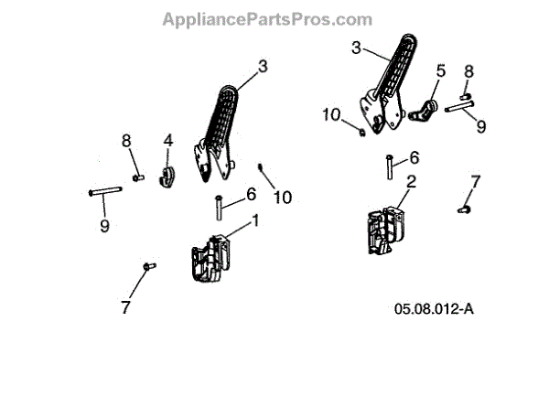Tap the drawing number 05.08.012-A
pos(434,309)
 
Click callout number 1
pos(255,220)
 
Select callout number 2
pos(411,182)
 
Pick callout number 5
pos(440,70)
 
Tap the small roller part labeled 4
pos(167,175)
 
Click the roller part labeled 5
pos(425,111)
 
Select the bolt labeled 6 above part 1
pos(219,208)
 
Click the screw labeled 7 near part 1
pos(146,266)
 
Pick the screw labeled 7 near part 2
pos(463,209)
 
